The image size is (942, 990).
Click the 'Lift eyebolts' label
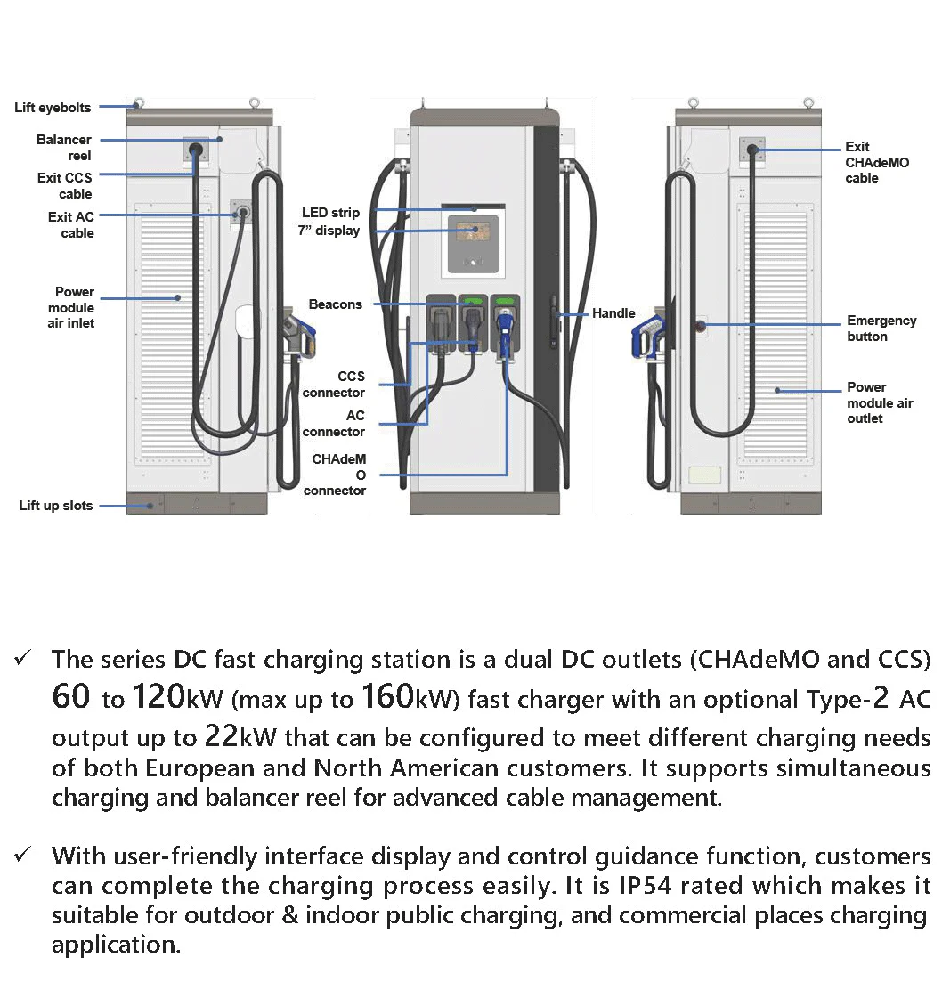53,108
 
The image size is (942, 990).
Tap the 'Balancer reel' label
64,148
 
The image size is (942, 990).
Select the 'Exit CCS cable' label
64,185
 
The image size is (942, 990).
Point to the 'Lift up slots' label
56,506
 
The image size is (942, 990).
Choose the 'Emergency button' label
881,329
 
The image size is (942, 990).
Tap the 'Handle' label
613,313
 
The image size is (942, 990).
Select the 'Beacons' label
336,304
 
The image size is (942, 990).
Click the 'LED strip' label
330,213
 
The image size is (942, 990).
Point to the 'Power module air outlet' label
880,402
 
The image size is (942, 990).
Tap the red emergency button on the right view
700,325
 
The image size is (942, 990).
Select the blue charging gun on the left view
299,331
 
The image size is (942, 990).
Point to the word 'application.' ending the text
116,944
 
